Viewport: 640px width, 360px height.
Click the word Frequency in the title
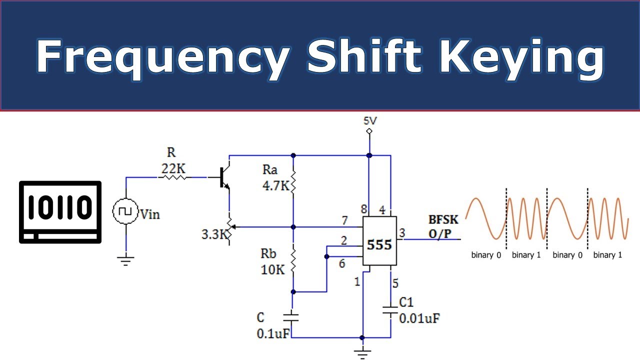[161, 56]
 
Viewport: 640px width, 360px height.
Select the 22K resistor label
[173, 169]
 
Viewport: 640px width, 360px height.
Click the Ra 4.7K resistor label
[275, 178]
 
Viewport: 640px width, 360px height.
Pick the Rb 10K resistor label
[272, 261]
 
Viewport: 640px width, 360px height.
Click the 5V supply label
[369, 120]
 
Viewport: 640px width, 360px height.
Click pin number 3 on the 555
[401, 233]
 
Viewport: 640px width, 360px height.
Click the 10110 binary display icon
[60, 212]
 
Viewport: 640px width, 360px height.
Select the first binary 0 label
[486, 255]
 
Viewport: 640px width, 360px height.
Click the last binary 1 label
[607, 255]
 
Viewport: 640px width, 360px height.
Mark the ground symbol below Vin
[125, 260]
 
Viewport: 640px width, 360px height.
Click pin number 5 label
[395, 283]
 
